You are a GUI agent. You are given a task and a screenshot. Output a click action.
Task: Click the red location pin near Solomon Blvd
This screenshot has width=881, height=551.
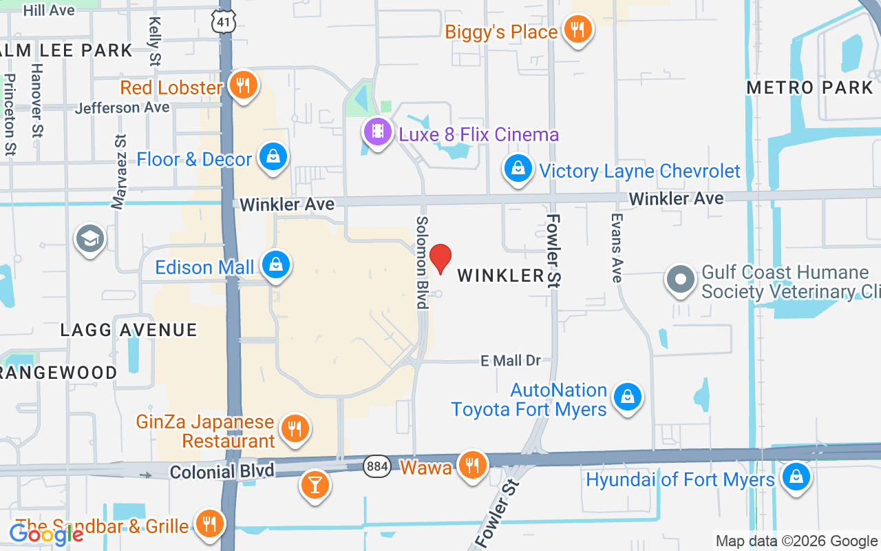tap(440, 258)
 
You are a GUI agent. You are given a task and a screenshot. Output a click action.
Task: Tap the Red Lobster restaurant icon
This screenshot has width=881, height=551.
tap(242, 85)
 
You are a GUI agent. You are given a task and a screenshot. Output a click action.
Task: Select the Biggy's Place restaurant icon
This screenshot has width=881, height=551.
tap(577, 30)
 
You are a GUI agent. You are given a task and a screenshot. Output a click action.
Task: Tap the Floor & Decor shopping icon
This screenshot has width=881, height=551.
tap(273, 157)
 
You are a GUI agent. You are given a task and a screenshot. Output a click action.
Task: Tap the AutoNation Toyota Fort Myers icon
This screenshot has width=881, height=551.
tap(627, 397)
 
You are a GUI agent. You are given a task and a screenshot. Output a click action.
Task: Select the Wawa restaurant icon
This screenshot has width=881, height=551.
tap(471, 465)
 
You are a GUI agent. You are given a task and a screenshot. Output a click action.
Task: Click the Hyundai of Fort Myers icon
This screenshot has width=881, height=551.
tap(796, 476)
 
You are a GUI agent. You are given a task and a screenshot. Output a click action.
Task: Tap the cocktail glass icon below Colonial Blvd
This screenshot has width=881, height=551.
tap(315, 485)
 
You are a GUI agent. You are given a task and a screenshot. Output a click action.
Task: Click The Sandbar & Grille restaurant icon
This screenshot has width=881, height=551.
tap(209, 523)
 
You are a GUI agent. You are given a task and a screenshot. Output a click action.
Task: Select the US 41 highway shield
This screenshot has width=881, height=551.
tap(224, 22)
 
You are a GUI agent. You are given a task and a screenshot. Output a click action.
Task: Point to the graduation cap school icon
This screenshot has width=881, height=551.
tap(89, 238)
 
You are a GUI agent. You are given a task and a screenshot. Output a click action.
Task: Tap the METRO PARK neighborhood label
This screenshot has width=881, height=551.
tap(809, 87)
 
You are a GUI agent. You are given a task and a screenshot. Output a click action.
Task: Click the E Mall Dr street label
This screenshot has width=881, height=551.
tap(511, 360)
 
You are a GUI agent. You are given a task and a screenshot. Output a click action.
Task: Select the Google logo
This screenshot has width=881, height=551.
tap(46, 534)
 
